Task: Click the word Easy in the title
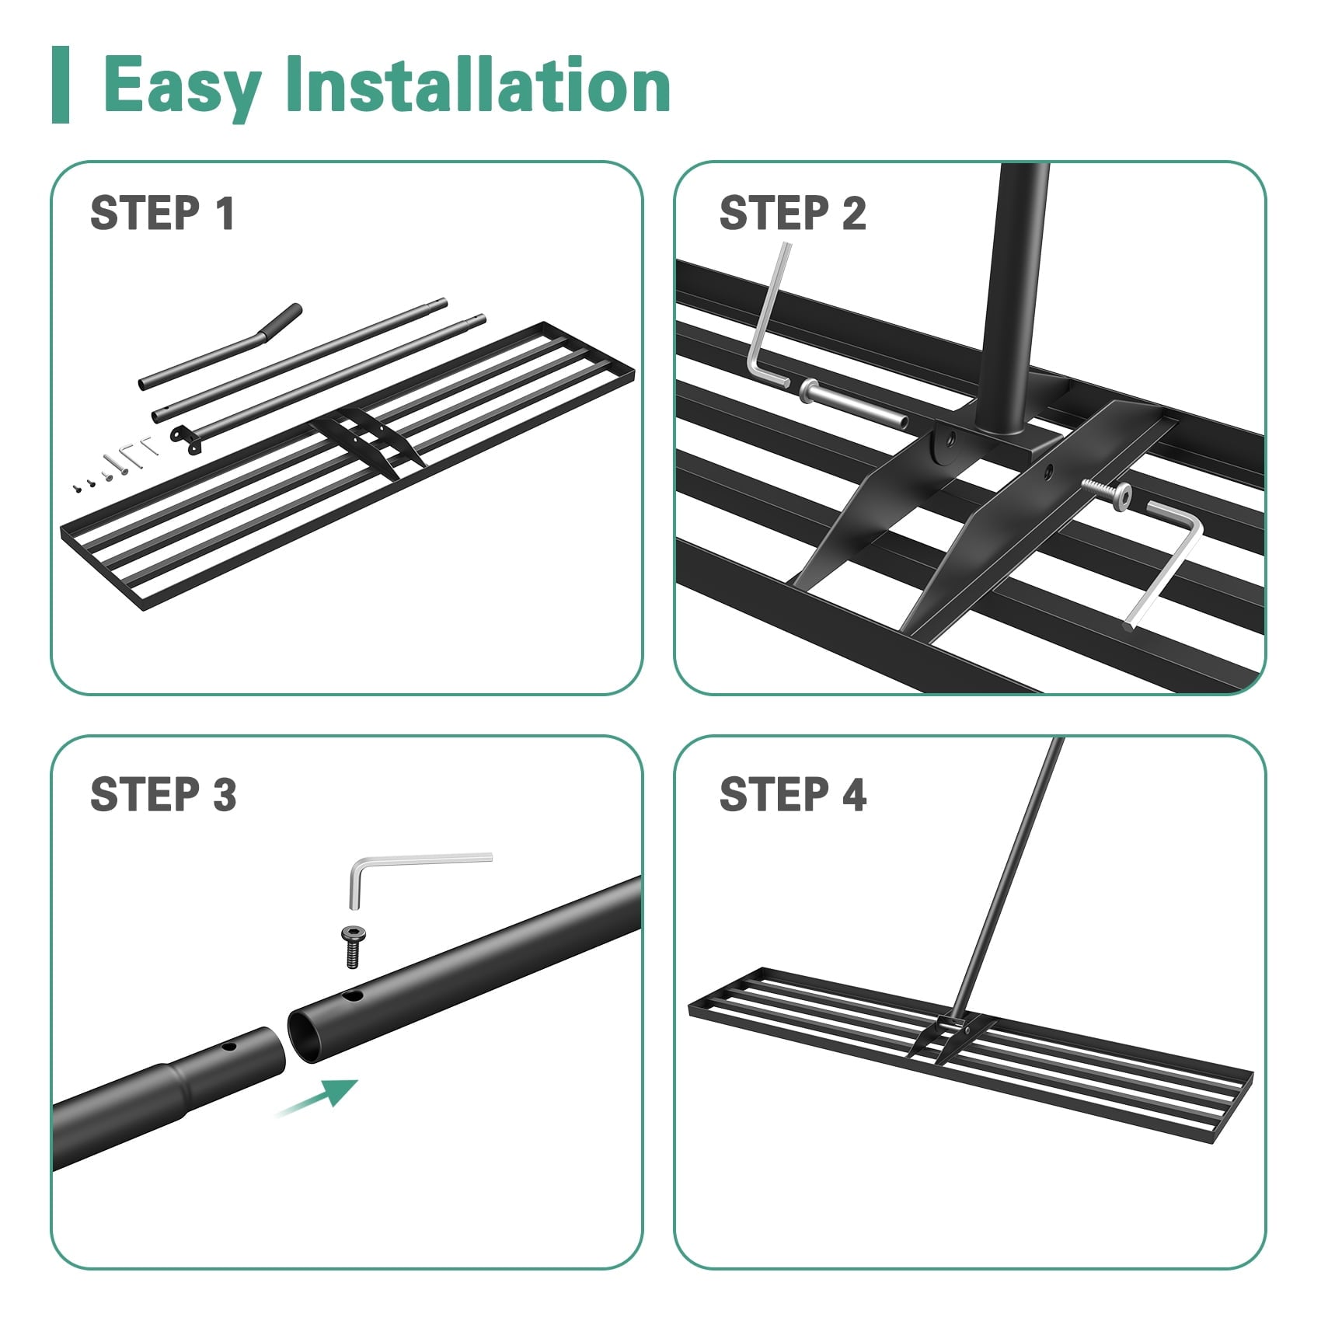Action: click(181, 85)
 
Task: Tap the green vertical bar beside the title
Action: click(61, 85)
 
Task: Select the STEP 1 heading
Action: click(162, 213)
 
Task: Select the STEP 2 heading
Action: click(793, 213)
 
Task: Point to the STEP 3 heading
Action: click(163, 794)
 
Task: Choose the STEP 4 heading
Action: click(793, 794)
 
